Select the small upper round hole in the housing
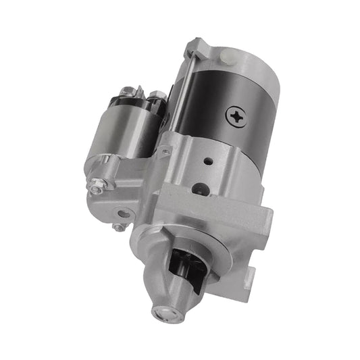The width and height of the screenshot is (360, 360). click(x=208, y=161)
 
